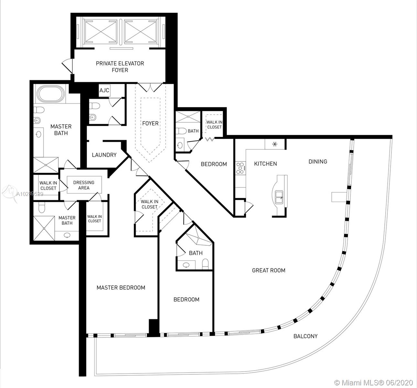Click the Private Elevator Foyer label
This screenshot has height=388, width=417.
coord(120,67)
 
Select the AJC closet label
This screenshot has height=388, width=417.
coord(104,91)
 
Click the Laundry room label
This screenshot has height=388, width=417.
coord(104,155)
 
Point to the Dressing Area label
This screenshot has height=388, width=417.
coord(84,185)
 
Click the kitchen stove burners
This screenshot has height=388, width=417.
coord(240,168)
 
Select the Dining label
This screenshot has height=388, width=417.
coord(317,161)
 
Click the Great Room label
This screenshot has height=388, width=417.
coord(269,270)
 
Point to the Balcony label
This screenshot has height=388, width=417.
coord(305,336)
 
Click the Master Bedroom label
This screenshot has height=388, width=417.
coord(121,287)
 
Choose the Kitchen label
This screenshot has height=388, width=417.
coord(265,164)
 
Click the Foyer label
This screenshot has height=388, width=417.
coord(150,123)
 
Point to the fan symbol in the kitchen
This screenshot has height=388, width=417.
coord(274,144)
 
